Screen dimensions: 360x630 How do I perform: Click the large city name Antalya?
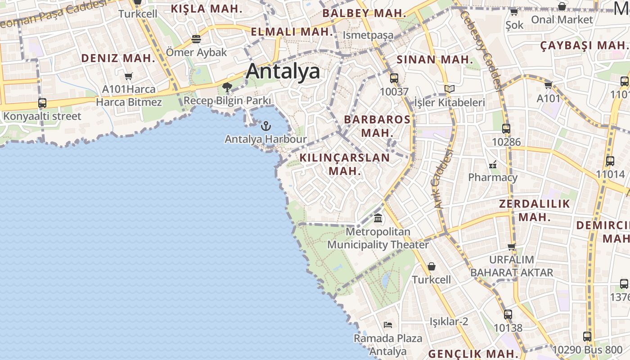click(x=283, y=71)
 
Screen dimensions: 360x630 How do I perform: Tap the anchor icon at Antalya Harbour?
click(x=266, y=126)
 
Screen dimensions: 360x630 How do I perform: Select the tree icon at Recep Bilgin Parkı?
click(x=227, y=87)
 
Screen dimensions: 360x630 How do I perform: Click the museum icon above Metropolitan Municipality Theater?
click(x=378, y=219)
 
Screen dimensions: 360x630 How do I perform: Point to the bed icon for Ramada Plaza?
click(x=388, y=324)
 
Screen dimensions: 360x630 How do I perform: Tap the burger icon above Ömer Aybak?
click(x=196, y=39)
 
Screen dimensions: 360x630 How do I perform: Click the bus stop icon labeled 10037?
click(x=394, y=78)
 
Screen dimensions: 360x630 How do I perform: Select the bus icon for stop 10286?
click(x=506, y=129)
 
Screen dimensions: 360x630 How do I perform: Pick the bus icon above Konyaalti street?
click(x=42, y=103)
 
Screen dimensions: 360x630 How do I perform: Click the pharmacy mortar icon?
click(x=493, y=164)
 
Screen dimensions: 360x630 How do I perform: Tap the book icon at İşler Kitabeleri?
click(x=449, y=89)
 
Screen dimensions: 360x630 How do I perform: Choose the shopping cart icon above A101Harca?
click(x=129, y=76)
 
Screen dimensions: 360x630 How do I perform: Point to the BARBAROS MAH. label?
click(x=377, y=126)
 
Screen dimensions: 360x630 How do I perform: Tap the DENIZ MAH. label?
click(x=118, y=58)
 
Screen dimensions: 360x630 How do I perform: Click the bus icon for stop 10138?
click(x=508, y=315)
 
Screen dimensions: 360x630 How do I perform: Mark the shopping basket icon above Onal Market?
click(x=562, y=7)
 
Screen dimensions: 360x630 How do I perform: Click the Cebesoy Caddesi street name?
click(x=481, y=49)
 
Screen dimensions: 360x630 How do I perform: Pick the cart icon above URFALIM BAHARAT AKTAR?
click(x=511, y=247)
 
